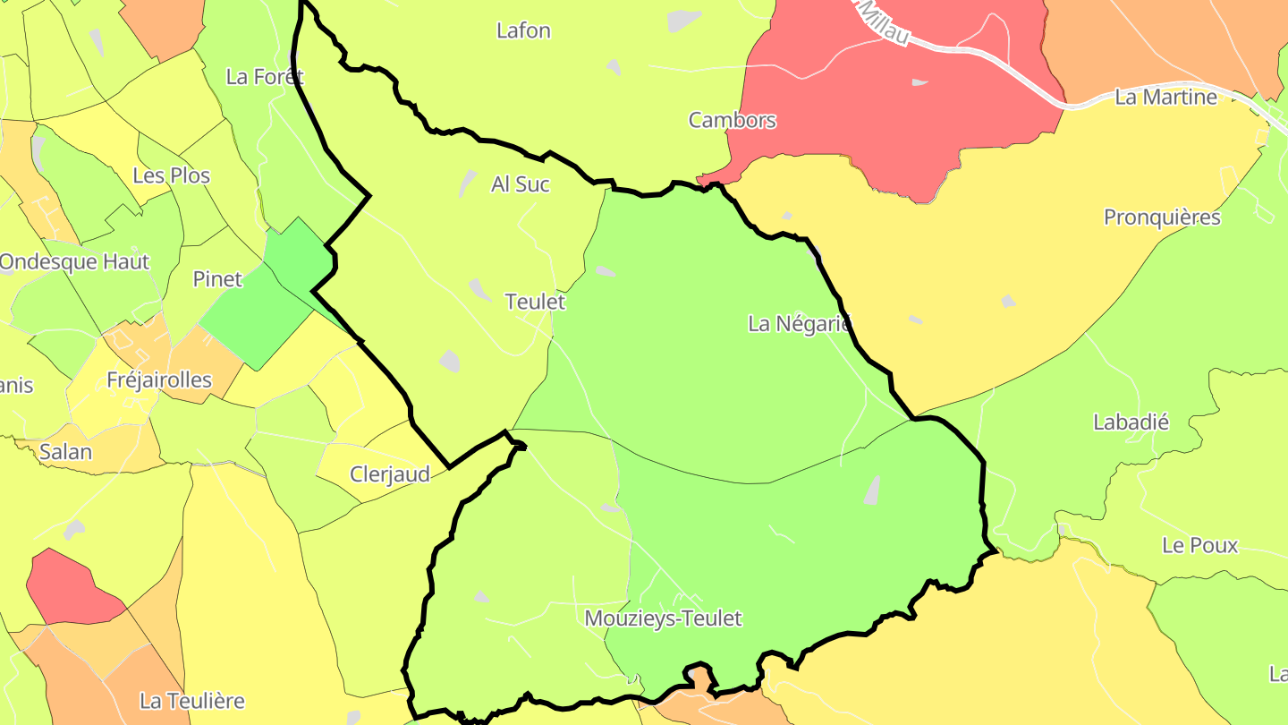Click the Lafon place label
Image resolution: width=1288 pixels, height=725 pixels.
tap(523, 30)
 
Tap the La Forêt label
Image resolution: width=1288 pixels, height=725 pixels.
tap(265, 77)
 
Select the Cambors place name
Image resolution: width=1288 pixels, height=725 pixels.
tap(732, 120)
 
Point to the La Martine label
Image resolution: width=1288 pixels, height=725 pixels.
tap(1165, 97)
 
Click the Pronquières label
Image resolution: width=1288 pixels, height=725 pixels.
tap(1161, 217)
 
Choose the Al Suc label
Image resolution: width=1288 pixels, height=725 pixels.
tap(521, 184)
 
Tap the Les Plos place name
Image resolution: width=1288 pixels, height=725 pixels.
tap(171, 175)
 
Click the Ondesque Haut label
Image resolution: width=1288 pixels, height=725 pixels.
tap(74, 262)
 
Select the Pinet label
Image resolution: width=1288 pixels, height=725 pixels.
tap(217, 279)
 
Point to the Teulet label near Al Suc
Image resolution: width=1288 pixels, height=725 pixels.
tap(535, 302)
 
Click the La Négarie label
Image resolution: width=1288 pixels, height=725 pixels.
tap(799, 324)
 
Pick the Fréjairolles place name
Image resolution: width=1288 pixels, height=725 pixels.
tap(159, 380)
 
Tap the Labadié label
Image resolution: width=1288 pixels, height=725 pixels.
tap(1131, 422)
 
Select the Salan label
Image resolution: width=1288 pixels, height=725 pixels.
tap(65, 452)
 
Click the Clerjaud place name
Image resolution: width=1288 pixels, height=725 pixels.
tap(390, 474)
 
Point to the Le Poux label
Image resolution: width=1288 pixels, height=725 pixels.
tap(1199, 545)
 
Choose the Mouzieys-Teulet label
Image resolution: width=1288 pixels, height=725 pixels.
tap(663, 618)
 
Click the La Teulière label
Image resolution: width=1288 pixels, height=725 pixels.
tap(191, 701)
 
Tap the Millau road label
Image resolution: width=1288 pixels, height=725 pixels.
tap(885, 22)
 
